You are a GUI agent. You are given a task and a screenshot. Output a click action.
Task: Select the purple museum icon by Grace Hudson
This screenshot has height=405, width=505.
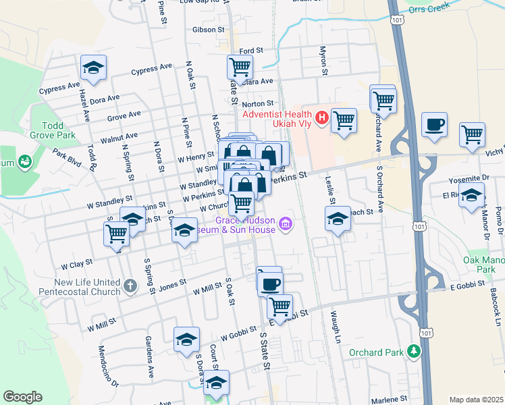[x=286, y=223]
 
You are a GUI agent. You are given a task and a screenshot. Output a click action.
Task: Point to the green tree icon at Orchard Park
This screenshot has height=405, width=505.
[x=413, y=352]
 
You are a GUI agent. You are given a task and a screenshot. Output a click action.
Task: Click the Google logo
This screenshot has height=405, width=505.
[x=22, y=397]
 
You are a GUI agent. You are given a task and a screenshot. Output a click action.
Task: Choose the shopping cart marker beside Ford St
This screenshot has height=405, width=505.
[x=240, y=67]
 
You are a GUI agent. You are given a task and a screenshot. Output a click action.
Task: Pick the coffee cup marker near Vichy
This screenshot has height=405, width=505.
[x=433, y=124]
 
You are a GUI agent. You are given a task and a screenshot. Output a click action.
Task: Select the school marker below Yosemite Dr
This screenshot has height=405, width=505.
[x=471, y=196]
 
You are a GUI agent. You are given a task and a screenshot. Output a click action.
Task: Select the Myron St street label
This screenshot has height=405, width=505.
[x=323, y=61]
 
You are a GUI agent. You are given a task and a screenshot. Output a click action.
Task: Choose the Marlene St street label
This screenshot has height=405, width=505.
[x=390, y=399]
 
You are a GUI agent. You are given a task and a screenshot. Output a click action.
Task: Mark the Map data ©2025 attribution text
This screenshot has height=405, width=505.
[x=476, y=400]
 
